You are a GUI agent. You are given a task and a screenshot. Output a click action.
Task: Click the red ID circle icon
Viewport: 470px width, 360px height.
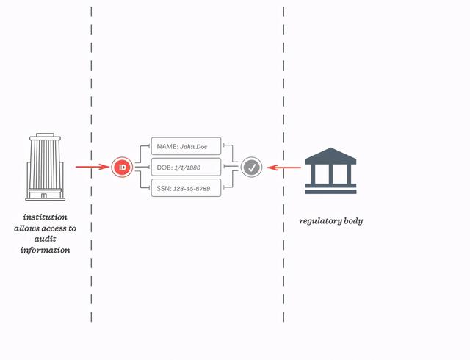tap(122, 168)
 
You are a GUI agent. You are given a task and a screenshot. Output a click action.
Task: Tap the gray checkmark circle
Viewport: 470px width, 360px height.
tap(252, 168)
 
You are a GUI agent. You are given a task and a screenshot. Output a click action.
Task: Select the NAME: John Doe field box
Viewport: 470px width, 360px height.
tap(186, 146)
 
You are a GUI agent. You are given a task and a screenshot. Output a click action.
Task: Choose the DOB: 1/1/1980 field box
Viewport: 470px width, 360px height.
tap(186, 168)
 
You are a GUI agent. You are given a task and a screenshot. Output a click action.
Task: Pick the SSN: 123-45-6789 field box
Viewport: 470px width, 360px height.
tap(186, 189)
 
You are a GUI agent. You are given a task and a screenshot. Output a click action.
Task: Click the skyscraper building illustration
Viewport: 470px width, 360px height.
tap(46, 167)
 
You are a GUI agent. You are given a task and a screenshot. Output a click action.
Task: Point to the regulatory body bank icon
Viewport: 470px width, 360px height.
tap(330, 172)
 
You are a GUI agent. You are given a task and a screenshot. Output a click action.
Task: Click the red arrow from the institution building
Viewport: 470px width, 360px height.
tap(93, 168)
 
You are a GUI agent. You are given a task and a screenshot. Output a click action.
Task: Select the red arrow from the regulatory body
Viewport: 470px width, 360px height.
tap(284, 168)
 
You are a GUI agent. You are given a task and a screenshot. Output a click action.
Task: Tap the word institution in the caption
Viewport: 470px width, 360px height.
tap(45, 217)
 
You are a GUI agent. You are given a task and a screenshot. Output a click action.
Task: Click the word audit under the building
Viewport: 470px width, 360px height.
tap(45, 239)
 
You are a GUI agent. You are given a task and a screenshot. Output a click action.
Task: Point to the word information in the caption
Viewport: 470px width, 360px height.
tap(45, 250)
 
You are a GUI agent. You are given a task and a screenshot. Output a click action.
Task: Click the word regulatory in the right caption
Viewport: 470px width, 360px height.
tap(320, 221)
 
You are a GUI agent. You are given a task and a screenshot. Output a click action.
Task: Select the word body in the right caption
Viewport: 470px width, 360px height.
tap(352, 221)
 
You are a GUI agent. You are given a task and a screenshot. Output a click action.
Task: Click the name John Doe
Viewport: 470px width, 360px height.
tap(194, 146)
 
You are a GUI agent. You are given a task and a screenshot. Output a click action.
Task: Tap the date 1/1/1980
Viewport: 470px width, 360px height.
tap(187, 168)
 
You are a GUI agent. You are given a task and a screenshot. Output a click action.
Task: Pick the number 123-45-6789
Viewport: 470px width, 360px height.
tap(192, 189)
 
